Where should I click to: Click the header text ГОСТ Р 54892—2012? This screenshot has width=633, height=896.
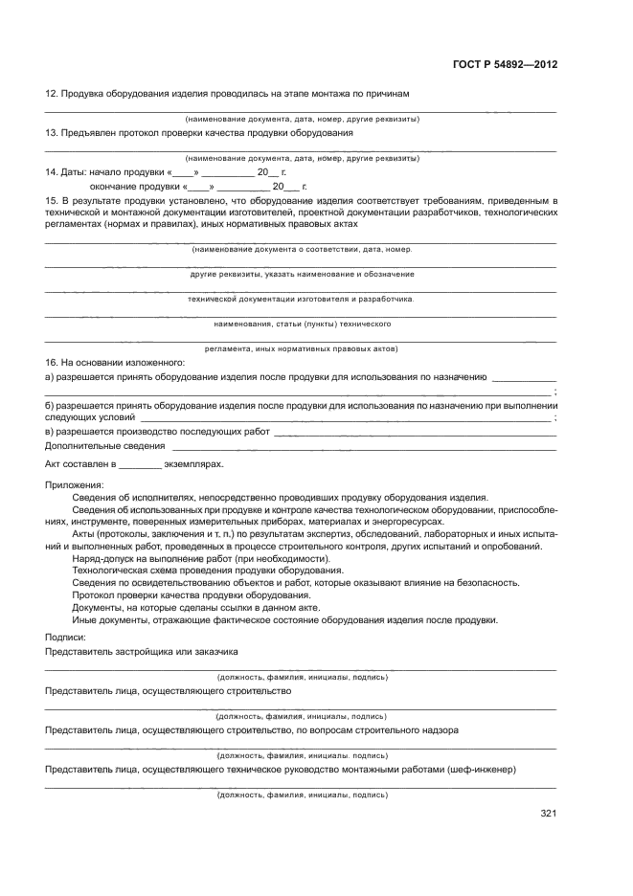tap(505, 65)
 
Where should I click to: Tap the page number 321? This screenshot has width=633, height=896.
tap(548, 814)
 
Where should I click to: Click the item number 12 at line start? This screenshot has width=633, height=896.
tap(52, 93)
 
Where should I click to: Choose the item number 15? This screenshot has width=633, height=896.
tap(52, 200)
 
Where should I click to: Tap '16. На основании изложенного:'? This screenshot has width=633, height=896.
tap(115, 364)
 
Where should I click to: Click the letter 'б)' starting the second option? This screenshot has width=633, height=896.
tap(50, 406)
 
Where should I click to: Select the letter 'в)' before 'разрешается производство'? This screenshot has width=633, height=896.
tap(50, 432)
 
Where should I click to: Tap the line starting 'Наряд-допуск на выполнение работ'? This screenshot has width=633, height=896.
tap(201, 558)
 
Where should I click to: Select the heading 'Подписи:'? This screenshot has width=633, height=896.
tap(66, 637)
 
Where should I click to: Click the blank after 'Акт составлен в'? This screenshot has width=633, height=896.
tap(141, 465)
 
